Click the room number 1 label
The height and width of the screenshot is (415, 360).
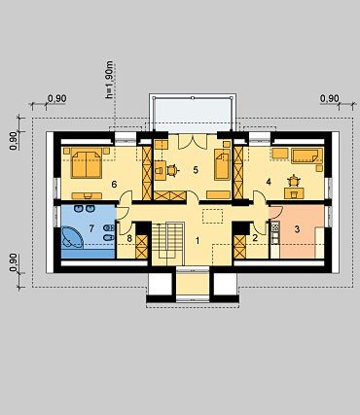(x=198, y=241)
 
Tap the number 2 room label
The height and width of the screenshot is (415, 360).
(x=255, y=238)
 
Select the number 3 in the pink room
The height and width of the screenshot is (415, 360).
(x=297, y=229)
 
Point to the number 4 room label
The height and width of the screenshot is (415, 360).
(x=269, y=182)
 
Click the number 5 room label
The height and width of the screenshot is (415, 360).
(x=196, y=170)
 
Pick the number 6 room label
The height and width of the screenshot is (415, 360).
(x=114, y=185)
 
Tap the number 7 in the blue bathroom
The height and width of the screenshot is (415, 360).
(x=91, y=229)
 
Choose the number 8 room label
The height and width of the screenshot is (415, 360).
(x=129, y=239)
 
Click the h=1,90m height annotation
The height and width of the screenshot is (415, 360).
(x=110, y=80)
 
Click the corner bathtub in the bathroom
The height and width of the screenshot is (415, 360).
(x=72, y=237)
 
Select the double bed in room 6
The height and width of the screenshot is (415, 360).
(x=87, y=163)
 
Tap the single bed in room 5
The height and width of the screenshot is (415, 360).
(x=222, y=165)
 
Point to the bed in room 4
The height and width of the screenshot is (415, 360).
(x=306, y=156)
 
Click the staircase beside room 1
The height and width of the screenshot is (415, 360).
(x=168, y=243)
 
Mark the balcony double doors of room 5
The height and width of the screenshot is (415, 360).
(x=193, y=142)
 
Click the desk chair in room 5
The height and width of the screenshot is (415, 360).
(x=172, y=170)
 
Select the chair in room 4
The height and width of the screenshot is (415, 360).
(x=294, y=181)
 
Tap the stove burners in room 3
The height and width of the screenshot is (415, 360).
(x=275, y=227)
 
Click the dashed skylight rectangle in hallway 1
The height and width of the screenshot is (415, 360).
(x=212, y=216)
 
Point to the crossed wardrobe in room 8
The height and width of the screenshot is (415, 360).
(x=142, y=247)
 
